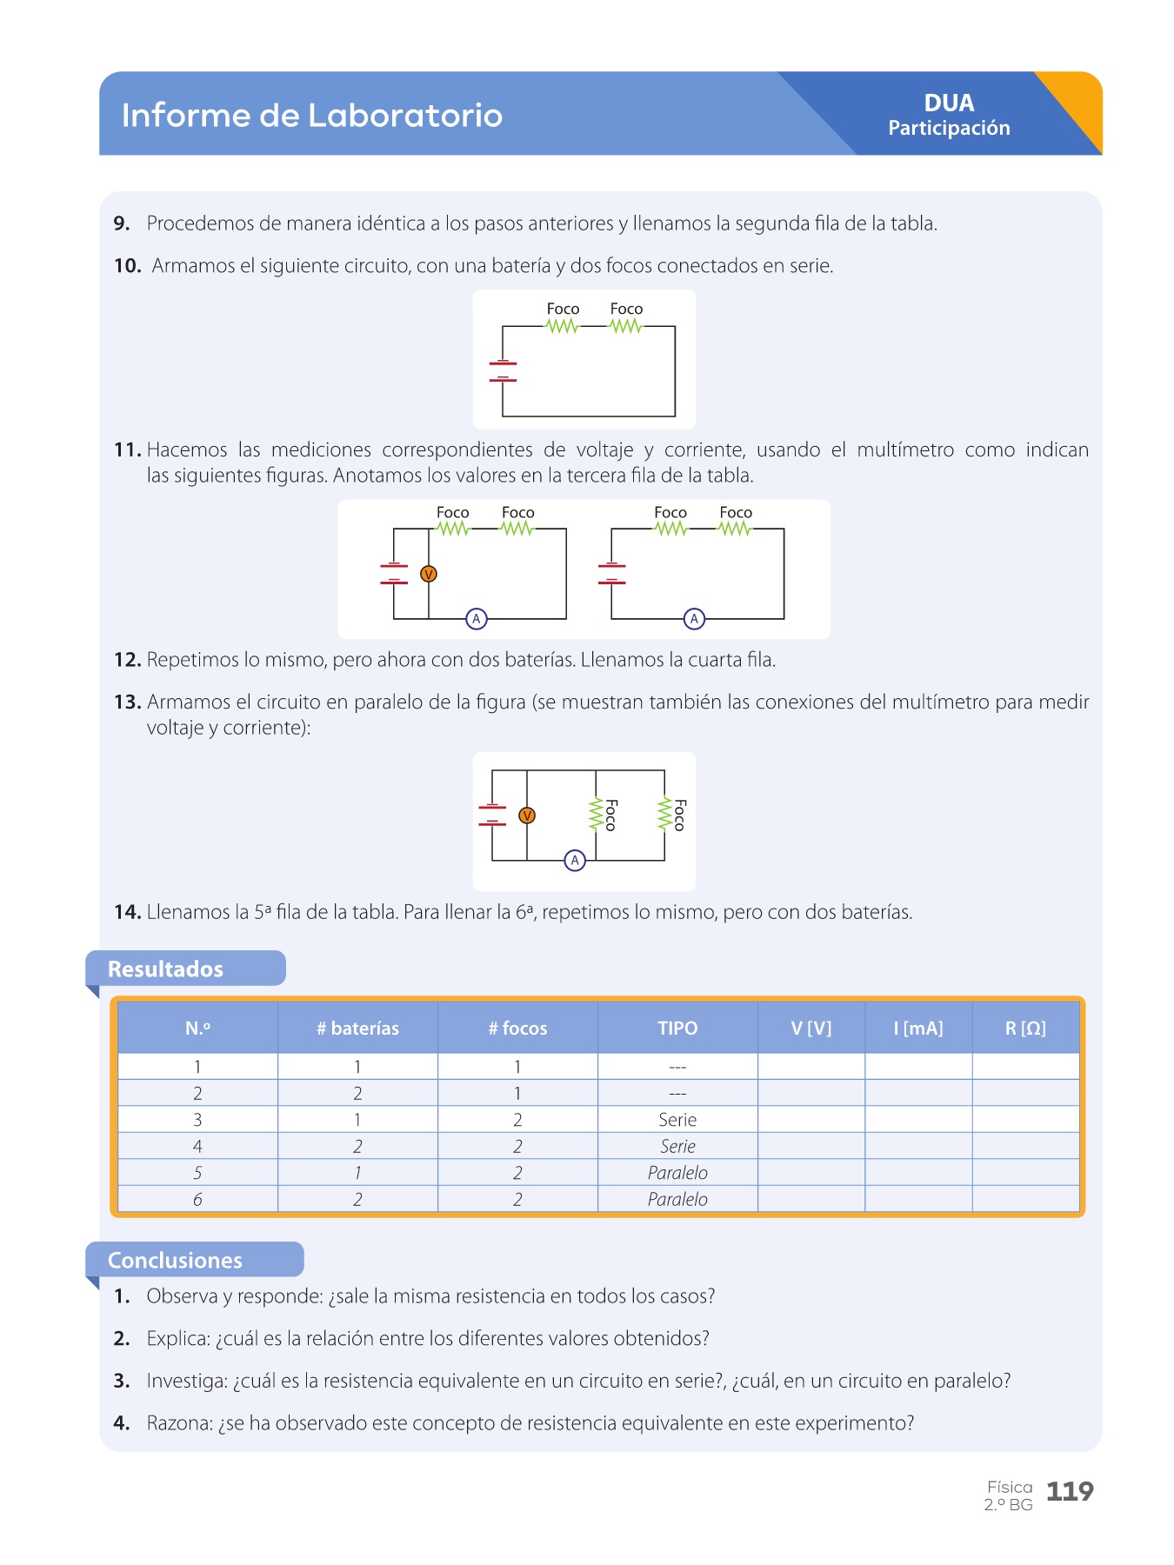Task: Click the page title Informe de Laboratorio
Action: [311, 116]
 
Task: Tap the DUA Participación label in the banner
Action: [949, 115]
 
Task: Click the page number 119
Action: [1069, 1492]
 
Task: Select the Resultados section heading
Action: [165, 969]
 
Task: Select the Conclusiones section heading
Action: [175, 1260]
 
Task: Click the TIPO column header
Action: [677, 1028]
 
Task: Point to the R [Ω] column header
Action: [1025, 1028]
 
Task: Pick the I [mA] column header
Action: [918, 1028]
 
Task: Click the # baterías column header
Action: [357, 1028]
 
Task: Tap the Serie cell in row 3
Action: [677, 1120]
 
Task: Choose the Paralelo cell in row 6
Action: [677, 1199]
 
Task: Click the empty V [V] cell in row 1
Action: [811, 1067]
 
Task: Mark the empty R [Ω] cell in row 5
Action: [1025, 1173]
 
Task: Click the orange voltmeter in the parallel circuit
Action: [526, 816]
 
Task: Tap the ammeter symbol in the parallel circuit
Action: [575, 861]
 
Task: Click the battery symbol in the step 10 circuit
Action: [503, 371]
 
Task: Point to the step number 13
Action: [127, 702]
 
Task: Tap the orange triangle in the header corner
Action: [1078, 100]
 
